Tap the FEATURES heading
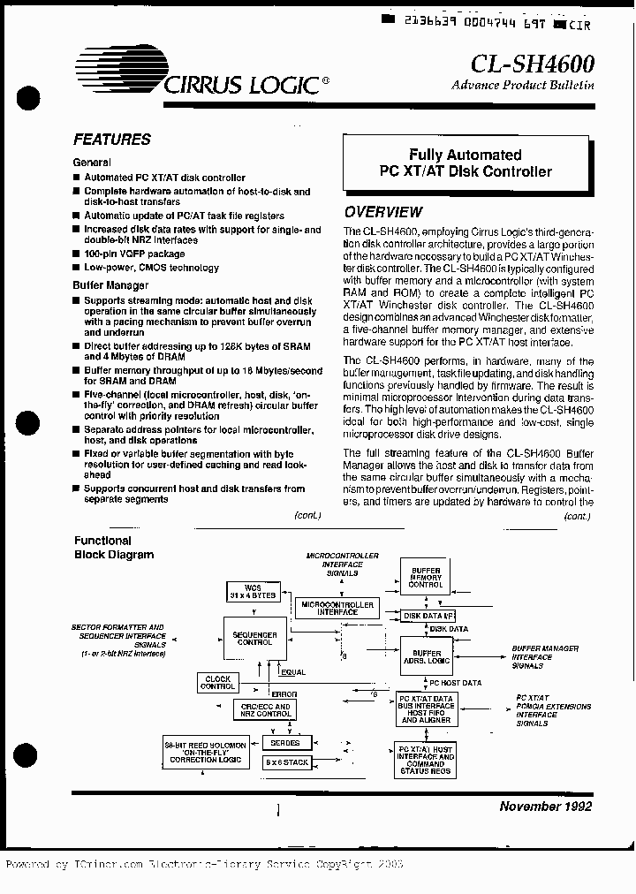coord(111,140)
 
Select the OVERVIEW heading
coord(383,212)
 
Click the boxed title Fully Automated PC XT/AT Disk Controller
coord(465,163)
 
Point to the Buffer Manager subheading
coord(110,285)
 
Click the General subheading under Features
coord(92,163)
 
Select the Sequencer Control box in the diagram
coord(254,640)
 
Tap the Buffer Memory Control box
coord(426,578)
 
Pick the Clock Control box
coord(217,682)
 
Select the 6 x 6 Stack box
coord(286,761)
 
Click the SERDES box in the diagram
coord(285,744)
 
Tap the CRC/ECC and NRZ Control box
coord(264,710)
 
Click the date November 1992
coord(545,806)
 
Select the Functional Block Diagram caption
coord(113,548)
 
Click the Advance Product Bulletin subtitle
coord(522,86)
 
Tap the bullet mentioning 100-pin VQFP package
coord(134,254)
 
